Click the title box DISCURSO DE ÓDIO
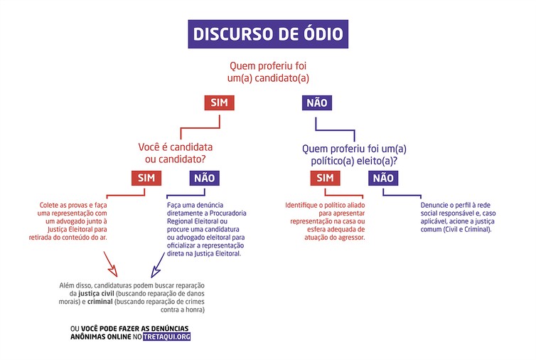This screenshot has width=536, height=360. (x=268, y=34)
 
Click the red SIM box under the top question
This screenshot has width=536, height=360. (x=219, y=102)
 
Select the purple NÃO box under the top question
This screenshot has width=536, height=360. (x=317, y=102)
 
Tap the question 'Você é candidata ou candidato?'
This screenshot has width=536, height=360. (x=176, y=153)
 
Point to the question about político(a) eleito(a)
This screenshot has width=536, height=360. (x=354, y=154)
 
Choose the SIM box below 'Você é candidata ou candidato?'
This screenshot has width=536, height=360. (x=146, y=178)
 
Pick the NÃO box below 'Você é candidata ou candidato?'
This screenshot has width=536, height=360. (x=205, y=178)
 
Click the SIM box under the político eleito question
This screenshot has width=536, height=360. (x=325, y=178)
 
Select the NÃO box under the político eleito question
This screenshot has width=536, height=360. (x=383, y=178)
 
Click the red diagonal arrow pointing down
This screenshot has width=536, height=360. (x=110, y=264)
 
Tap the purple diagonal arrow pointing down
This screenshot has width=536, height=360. (x=158, y=265)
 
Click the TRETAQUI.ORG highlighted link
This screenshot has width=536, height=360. (x=167, y=337)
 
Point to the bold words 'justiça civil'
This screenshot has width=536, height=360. (x=96, y=294)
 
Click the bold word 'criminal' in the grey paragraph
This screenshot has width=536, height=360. (x=100, y=302)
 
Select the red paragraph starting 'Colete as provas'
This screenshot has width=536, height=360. (x=68, y=221)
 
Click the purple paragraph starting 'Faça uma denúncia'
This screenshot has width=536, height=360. (x=206, y=229)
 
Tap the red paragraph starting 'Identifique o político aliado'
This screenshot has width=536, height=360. (x=325, y=221)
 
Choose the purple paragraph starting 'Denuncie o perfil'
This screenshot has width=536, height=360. (x=458, y=217)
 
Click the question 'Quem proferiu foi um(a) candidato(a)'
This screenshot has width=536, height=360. (x=268, y=72)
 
